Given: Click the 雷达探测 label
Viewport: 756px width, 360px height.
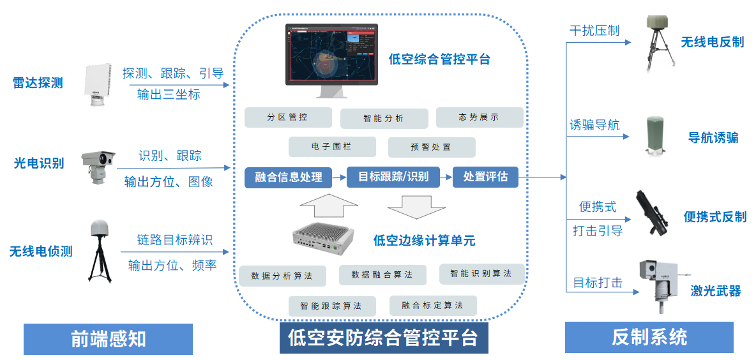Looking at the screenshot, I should pyautogui.click(x=38, y=83).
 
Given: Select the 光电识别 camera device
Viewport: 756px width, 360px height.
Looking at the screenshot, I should pyautogui.click(x=97, y=164).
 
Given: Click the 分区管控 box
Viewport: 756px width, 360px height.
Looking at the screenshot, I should pyautogui.click(x=288, y=117).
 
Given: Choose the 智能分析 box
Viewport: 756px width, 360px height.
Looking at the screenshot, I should pyautogui.click(x=384, y=118).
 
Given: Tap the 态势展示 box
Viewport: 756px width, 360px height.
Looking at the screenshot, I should pyautogui.click(x=479, y=117).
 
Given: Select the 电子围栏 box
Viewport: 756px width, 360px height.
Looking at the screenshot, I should pyautogui.click(x=331, y=147).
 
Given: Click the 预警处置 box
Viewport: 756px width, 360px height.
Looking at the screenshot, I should pyautogui.click(x=431, y=147).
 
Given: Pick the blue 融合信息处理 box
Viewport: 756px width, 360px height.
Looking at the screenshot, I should pyautogui.click(x=289, y=177).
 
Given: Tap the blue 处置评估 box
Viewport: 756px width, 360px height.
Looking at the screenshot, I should pyautogui.click(x=485, y=177).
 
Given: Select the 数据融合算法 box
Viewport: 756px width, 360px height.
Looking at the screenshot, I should pyautogui.click(x=382, y=275).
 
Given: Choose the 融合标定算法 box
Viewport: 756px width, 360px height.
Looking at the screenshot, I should pyautogui.click(x=432, y=305).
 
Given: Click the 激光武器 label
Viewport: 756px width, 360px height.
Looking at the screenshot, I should pyautogui.click(x=715, y=291).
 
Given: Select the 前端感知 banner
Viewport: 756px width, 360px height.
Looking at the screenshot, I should pyautogui.click(x=108, y=339).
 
